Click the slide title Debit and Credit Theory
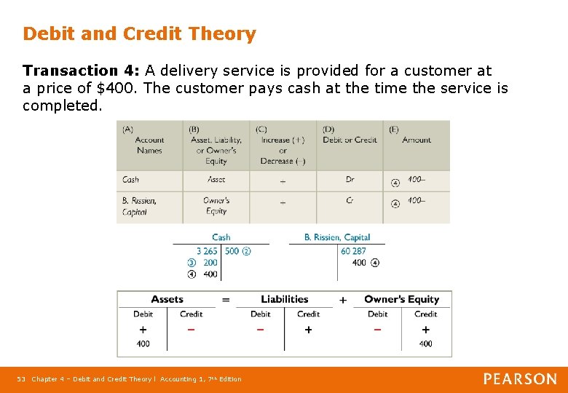(139, 33)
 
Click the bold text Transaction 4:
(81, 71)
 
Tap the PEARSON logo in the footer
(520, 379)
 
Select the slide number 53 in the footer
(22, 379)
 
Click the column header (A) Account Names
(149, 140)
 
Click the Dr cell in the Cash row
(350, 179)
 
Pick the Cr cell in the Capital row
(350, 201)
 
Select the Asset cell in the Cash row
(216, 179)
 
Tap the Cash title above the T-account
(221, 237)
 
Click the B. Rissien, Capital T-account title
(336, 237)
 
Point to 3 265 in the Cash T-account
(207, 251)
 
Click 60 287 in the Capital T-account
(353, 251)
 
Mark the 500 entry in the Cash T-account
(232, 251)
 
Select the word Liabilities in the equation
(284, 299)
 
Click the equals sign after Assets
(226, 299)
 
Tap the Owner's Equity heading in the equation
(401, 299)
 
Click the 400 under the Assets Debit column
(143, 344)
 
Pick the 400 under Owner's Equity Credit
(425, 344)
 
